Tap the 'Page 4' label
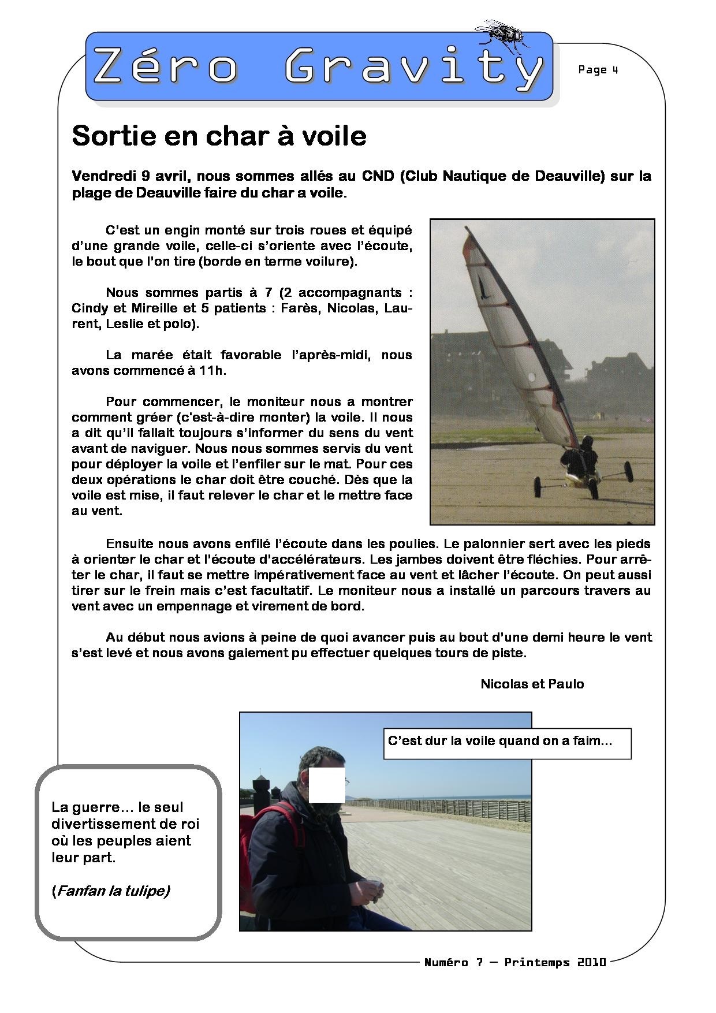tap(598, 70)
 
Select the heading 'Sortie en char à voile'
tap(219, 136)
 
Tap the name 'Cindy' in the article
tap(88, 308)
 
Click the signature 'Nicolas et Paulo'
tap(532, 684)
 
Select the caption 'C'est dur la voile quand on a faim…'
tap(499, 741)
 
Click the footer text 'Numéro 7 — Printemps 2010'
tap(515, 962)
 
